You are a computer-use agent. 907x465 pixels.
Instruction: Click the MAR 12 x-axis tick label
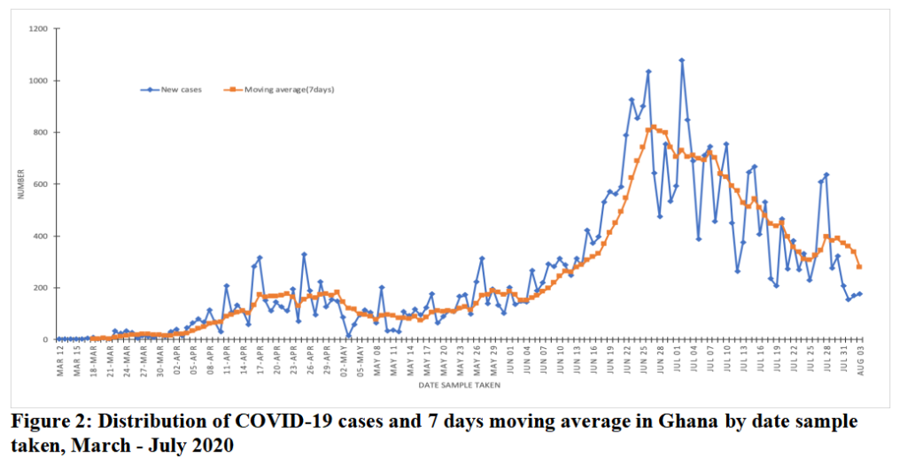pyautogui.click(x=59, y=357)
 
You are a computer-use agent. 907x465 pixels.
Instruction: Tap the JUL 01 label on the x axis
pyautogui.click(x=676, y=357)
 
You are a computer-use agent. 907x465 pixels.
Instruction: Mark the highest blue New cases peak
pyautogui.click(x=682, y=60)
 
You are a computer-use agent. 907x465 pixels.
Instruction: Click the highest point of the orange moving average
pyautogui.click(x=654, y=127)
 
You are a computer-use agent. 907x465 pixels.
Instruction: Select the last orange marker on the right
pyautogui.click(x=859, y=267)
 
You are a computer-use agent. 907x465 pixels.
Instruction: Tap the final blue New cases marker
pyautogui.click(x=859, y=294)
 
